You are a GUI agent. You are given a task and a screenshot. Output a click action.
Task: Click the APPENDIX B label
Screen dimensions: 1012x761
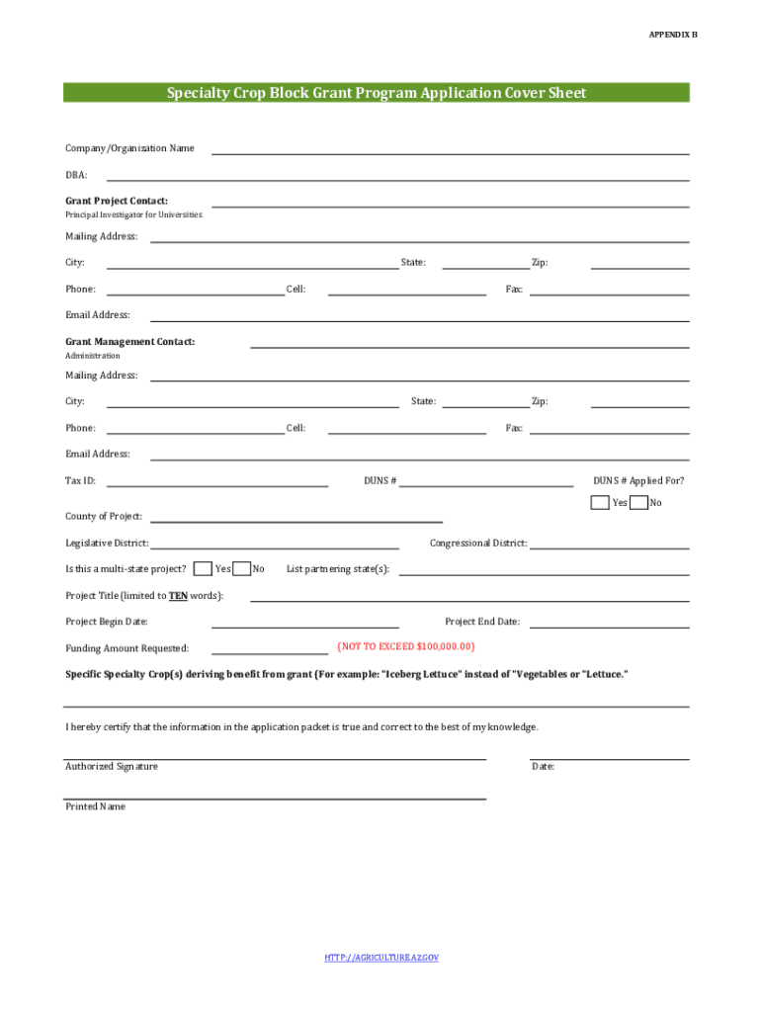click(x=672, y=35)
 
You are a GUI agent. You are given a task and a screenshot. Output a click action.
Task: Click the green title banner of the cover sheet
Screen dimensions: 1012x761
click(x=377, y=93)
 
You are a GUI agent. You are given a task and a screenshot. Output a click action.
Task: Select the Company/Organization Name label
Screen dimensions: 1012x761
click(x=129, y=148)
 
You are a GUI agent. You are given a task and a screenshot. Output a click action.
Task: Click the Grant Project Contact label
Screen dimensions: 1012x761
click(x=117, y=201)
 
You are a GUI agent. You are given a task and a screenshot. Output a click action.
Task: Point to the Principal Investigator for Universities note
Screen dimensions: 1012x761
click(x=133, y=214)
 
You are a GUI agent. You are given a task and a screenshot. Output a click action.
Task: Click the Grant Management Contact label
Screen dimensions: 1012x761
click(x=129, y=342)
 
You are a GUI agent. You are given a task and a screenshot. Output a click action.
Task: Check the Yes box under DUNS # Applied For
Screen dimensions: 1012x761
click(x=600, y=502)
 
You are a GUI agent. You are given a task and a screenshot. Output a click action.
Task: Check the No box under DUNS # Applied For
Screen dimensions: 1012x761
click(x=638, y=502)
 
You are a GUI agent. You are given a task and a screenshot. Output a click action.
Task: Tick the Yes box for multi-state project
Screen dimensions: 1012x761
click(x=203, y=568)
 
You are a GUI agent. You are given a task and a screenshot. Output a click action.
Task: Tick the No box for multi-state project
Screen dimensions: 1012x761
click(x=241, y=568)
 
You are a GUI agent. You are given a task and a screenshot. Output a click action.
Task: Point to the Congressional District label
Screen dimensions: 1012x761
click(x=478, y=544)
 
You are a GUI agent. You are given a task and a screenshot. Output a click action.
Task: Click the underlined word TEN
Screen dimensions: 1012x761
click(x=178, y=596)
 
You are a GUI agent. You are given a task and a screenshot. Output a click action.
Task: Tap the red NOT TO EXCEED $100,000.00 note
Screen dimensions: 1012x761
click(x=405, y=646)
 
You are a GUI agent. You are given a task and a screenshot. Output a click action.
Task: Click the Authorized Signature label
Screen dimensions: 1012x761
click(x=112, y=767)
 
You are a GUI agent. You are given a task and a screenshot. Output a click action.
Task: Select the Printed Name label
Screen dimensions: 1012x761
click(x=96, y=806)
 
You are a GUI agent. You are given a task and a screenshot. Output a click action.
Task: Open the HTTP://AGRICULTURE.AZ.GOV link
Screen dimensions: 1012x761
click(x=380, y=958)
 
